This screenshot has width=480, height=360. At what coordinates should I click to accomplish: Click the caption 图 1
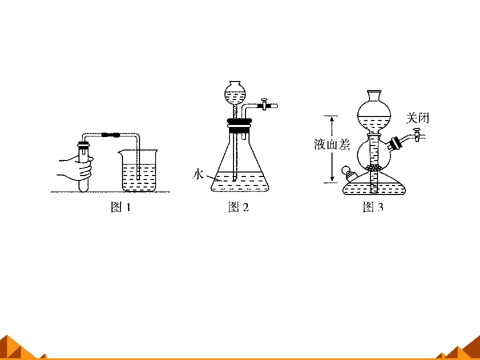(120, 207)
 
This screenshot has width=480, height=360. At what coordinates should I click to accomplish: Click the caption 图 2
(238, 207)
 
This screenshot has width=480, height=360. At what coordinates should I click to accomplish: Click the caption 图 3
(373, 207)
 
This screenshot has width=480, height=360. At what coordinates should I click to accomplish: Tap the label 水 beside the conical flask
(198, 174)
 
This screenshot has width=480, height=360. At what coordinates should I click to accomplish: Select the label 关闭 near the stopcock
(417, 118)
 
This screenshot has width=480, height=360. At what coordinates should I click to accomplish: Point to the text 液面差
(332, 144)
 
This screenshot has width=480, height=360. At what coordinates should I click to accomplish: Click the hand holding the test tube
(76, 168)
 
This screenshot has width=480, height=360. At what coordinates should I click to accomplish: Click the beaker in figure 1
(138, 170)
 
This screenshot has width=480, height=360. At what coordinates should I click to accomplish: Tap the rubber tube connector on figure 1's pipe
(110, 134)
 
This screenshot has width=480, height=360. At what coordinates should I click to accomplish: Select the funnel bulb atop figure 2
(235, 93)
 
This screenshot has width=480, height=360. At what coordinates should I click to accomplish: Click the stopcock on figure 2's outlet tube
(264, 104)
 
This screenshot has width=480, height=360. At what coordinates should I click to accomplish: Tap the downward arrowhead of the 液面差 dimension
(332, 179)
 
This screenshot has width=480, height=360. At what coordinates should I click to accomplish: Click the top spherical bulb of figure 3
(374, 115)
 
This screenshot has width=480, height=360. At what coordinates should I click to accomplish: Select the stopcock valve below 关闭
(417, 134)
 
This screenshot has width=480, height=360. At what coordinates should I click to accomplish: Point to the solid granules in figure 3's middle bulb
(374, 167)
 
